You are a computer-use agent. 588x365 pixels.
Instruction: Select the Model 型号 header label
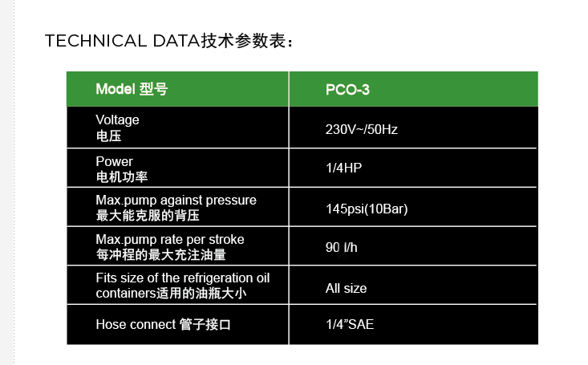pos(132,89)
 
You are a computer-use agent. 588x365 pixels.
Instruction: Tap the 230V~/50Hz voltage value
pos(362,129)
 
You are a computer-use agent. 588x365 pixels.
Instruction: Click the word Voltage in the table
pos(117,120)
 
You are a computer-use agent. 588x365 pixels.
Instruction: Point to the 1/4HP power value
pos(344,168)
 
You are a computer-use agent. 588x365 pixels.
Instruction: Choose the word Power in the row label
pos(115,161)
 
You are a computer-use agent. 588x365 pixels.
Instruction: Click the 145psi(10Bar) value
pos(367,209)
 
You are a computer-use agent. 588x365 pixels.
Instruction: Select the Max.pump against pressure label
pos(176,201)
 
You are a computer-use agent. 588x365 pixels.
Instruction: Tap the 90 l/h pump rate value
pos(341,248)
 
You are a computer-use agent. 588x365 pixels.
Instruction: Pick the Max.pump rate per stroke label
pos(170,239)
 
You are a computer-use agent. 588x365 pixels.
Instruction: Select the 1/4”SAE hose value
pos(350,324)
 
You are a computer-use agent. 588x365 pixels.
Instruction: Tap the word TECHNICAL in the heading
pos(95,41)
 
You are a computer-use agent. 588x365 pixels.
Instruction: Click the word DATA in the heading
pos(176,41)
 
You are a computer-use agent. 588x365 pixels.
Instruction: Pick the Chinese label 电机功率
pos(122,177)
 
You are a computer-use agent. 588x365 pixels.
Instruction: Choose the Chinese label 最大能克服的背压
pos(148,216)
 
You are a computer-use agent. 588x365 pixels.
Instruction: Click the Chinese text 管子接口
pos(205,324)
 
